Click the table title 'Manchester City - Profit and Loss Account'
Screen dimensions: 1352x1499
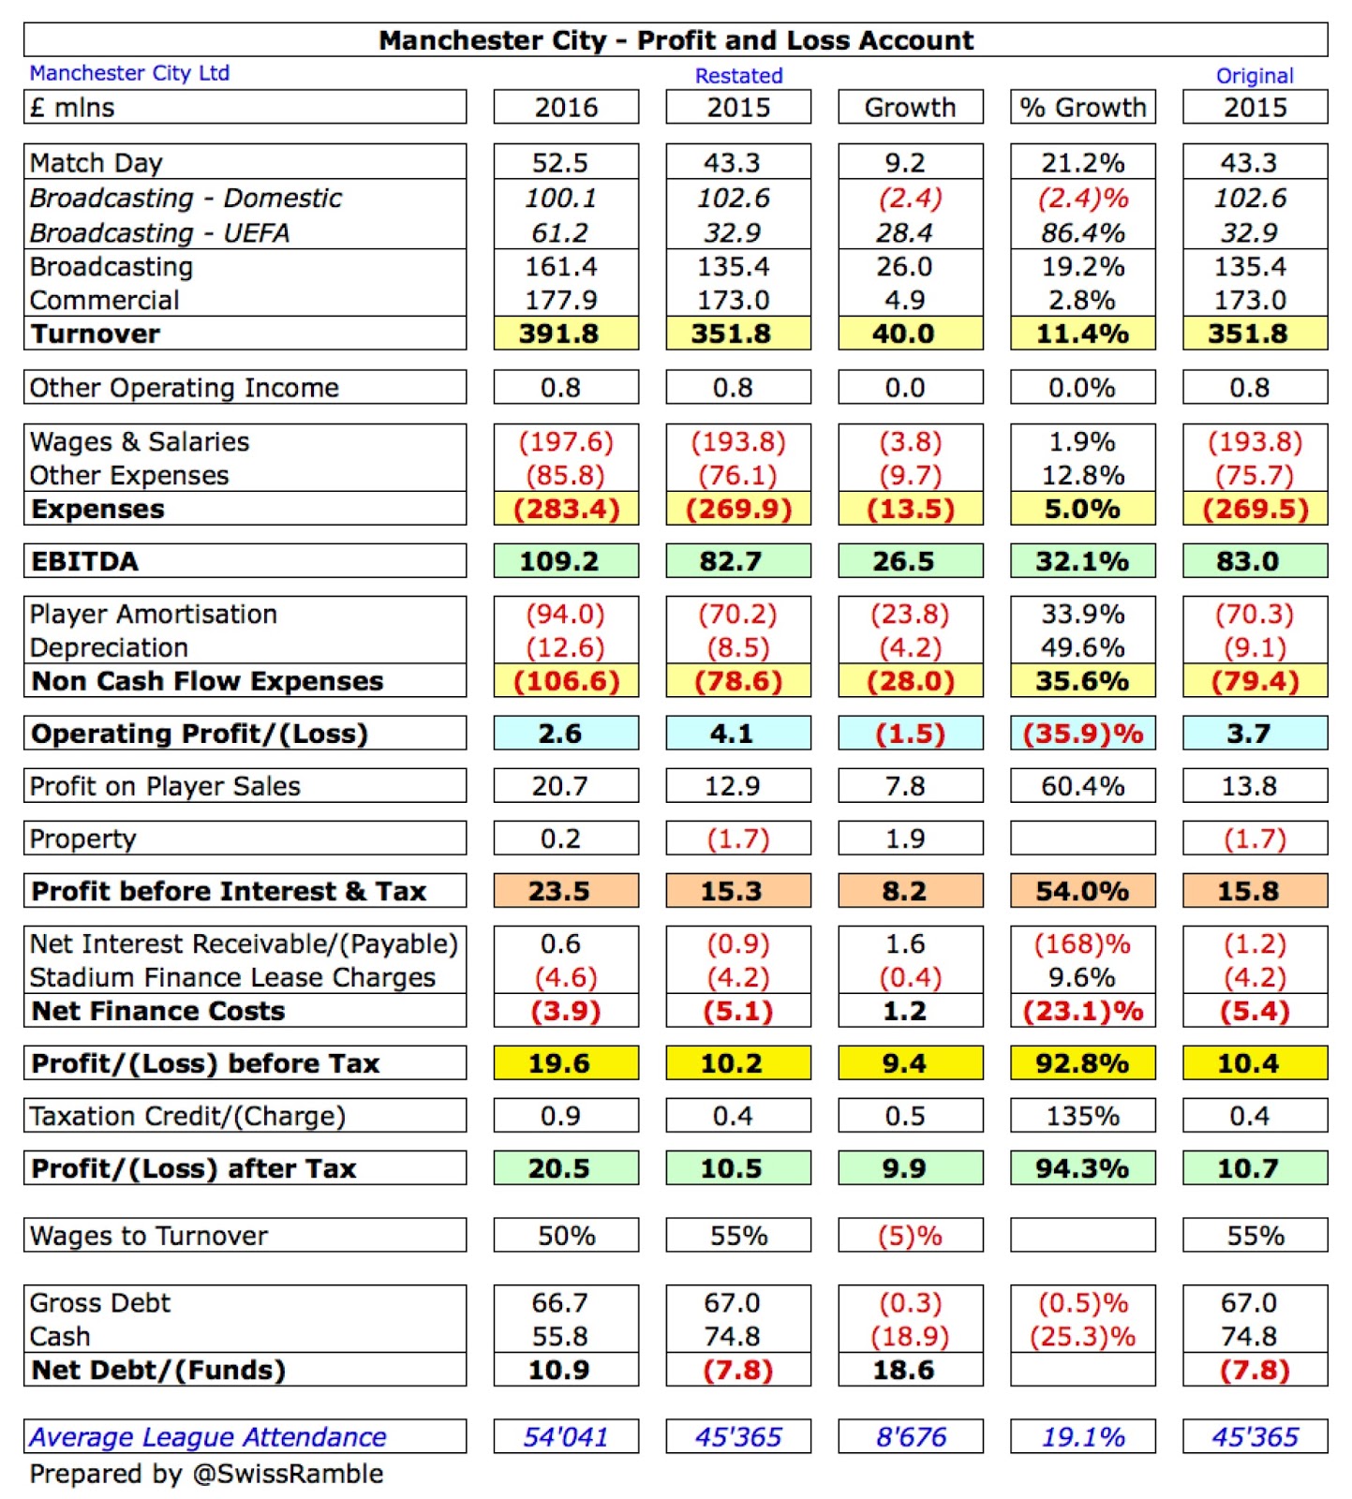[x=676, y=40]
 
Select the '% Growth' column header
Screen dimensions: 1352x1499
[x=1082, y=108]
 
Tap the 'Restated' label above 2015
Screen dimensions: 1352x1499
[x=738, y=76]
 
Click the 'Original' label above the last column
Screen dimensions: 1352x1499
[x=1255, y=76]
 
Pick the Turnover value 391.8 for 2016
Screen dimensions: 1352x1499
[x=559, y=334]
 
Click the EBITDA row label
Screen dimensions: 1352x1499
[x=84, y=561]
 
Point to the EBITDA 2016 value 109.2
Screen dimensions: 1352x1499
[x=559, y=561]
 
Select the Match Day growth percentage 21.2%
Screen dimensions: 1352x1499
[x=1082, y=163]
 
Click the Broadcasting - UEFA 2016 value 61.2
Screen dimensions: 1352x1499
[x=559, y=232]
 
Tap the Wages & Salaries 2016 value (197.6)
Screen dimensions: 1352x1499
[x=566, y=442]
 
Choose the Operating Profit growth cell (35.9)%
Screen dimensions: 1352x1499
[x=1082, y=734]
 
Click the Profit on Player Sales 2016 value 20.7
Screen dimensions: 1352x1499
[x=559, y=786]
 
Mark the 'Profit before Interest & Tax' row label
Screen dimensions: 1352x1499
[x=229, y=891]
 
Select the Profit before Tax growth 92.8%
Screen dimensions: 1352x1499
[x=1082, y=1063]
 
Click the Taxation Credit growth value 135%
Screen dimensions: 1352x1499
[x=1082, y=1116]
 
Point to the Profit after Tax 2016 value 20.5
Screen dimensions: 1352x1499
[x=559, y=1168]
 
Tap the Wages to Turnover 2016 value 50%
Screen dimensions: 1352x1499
[x=566, y=1236]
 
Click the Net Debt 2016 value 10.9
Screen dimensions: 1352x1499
[x=559, y=1370]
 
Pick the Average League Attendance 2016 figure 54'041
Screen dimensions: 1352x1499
[x=566, y=1436]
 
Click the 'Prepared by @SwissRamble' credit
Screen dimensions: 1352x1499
[x=206, y=1474]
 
